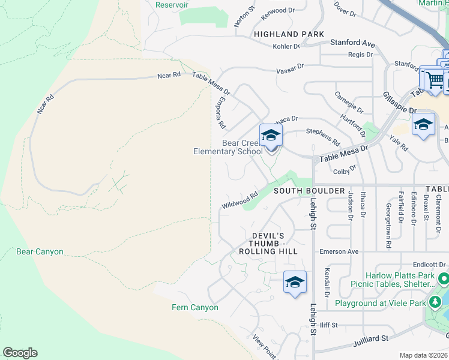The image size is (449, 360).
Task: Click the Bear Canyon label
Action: tap(40, 252)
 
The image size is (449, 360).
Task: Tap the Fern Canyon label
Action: tap(196, 308)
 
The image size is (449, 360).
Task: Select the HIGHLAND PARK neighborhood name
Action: tap(289, 34)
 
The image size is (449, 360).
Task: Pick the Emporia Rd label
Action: tap(220, 113)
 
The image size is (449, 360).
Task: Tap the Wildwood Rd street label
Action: tap(240, 200)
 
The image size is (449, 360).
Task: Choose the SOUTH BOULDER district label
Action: tap(309, 191)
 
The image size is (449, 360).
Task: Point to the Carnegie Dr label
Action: tap(349, 103)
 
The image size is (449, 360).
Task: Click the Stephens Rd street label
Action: tap(323, 136)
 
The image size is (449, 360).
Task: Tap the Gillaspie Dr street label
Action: tap(399, 103)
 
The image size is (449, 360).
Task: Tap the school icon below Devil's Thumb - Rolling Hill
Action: tap(295, 282)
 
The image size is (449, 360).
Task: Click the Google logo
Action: tap(20, 353)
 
